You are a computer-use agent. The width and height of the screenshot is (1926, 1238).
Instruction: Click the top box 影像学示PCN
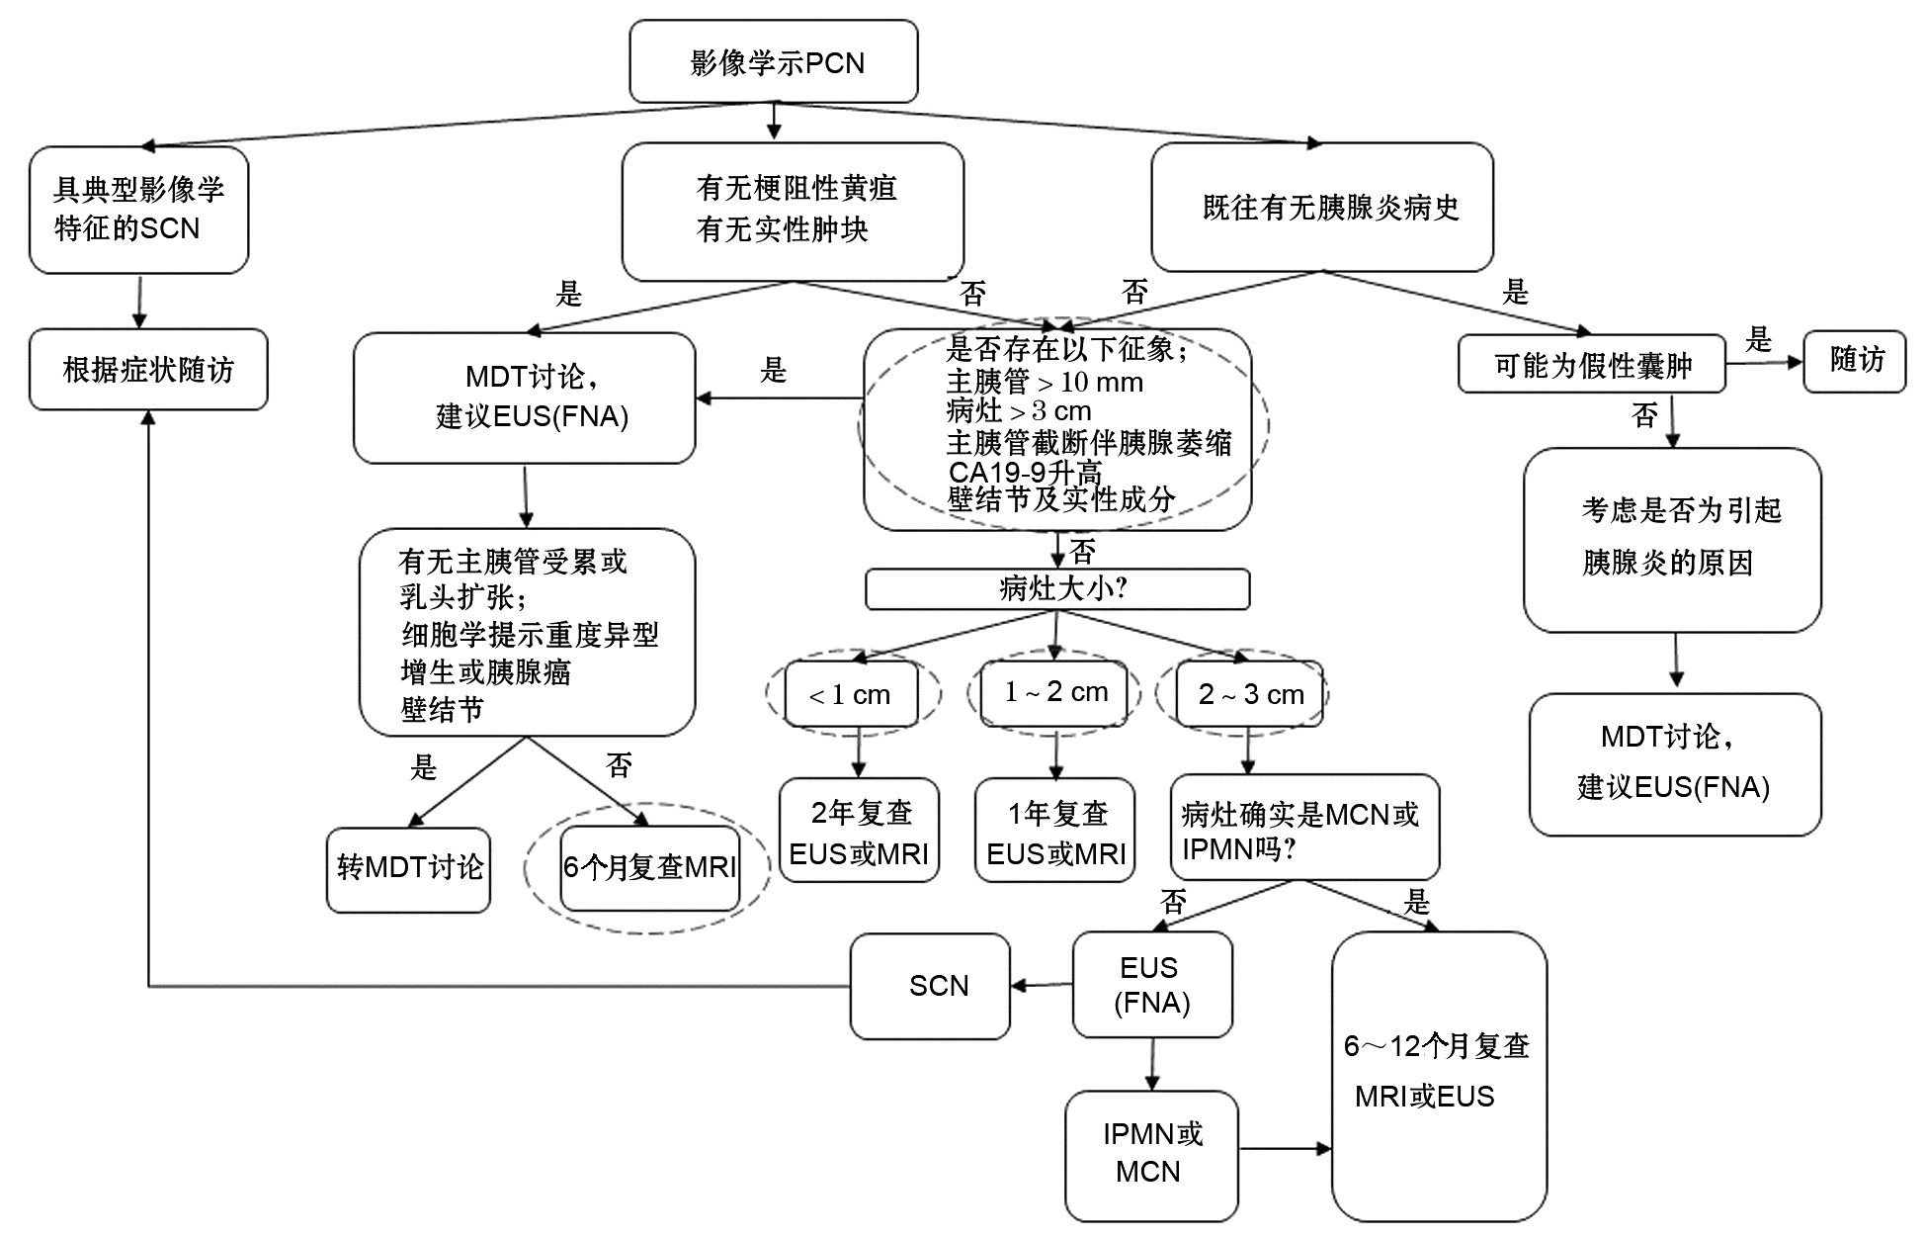click(x=773, y=62)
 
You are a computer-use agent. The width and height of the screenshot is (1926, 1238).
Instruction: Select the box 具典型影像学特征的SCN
click(x=138, y=210)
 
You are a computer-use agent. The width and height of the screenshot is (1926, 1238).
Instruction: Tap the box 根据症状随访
click(x=148, y=370)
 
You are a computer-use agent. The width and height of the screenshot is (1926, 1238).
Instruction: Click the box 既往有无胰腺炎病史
click(x=1322, y=208)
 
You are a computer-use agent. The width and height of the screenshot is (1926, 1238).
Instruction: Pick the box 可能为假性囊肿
click(x=1591, y=365)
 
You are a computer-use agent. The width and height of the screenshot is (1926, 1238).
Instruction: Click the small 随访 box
click(x=1855, y=361)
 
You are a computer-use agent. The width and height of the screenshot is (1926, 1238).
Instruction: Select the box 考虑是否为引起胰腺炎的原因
click(x=1672, y=539)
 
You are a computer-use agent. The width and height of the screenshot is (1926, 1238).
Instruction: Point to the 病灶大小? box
click(x=1057, y=589)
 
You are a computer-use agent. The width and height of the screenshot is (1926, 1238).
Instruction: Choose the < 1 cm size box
click(x=851, y=694)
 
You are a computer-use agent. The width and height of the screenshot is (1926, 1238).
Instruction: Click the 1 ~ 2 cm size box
click(x=1055, y=692)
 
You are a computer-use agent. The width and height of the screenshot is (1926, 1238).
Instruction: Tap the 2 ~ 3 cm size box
click(x=1250, y=694)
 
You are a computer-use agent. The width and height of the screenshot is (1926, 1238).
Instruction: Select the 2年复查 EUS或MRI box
click(x=859, y=832)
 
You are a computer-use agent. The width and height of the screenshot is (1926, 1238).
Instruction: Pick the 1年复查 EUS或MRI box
click(x=1055, y=832)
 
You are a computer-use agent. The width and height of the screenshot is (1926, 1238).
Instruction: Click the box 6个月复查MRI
click(x=649, y=867)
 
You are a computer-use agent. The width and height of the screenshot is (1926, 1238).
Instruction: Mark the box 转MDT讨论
click(x=408, y=868)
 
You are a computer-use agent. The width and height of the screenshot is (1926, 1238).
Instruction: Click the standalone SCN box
click(x=930, y=986)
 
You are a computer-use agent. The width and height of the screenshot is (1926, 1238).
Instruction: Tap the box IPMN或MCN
click(x=1151, y=1154)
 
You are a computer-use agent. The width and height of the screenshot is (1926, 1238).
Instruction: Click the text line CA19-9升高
click(x=1025, y=472)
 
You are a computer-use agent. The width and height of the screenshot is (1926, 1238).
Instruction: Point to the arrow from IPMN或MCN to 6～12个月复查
click(x=1285, y=1149)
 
